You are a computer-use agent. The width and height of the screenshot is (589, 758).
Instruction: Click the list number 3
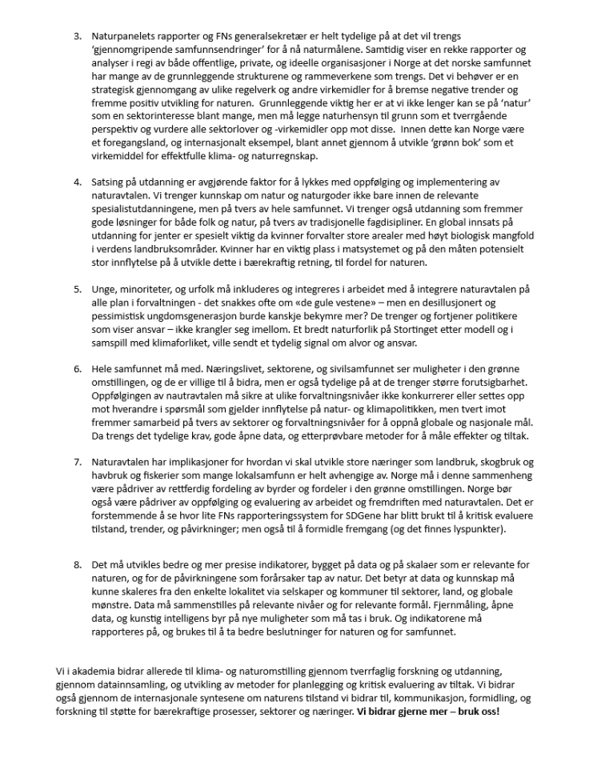click(78, 37)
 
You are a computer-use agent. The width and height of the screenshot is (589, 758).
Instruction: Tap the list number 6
click(78, 369)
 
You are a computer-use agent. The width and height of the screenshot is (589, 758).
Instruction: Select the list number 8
click(78, 564)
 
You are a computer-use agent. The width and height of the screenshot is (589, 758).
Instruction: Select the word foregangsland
click(131, 142)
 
